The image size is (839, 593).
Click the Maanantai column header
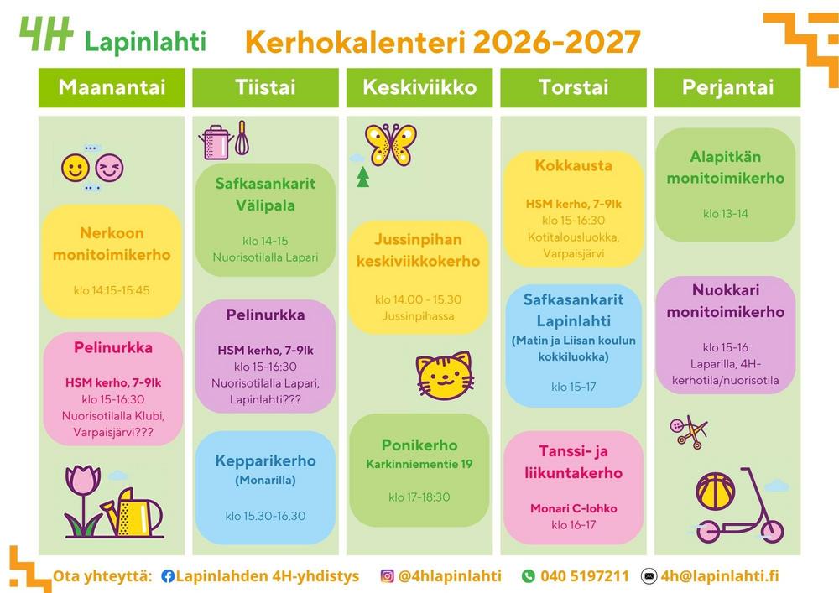click(112, 88)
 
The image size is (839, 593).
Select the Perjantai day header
click(727, 88)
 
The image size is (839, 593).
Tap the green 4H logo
click(46, 34)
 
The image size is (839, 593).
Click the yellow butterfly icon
click(391, 143)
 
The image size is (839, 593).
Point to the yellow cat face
click(445, 376)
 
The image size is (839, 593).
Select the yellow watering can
click(132, 512)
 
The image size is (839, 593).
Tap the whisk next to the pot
click(242, 138)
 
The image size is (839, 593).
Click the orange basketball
click(716, 491)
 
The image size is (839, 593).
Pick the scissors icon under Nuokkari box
click(689, 432)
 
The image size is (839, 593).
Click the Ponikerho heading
click(419, 445)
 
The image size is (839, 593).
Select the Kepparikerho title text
click(265, 461)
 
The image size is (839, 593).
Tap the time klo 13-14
click(726, 213)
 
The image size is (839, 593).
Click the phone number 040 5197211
click(584, 576)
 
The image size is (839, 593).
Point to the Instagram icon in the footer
click(387, 576)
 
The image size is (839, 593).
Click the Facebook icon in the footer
click(168, 576)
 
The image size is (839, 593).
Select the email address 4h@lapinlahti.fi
click(720, 576)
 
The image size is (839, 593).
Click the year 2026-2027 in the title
click(557, 42)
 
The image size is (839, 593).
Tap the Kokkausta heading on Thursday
click(573, 165)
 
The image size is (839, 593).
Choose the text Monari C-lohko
click(574, 508)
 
